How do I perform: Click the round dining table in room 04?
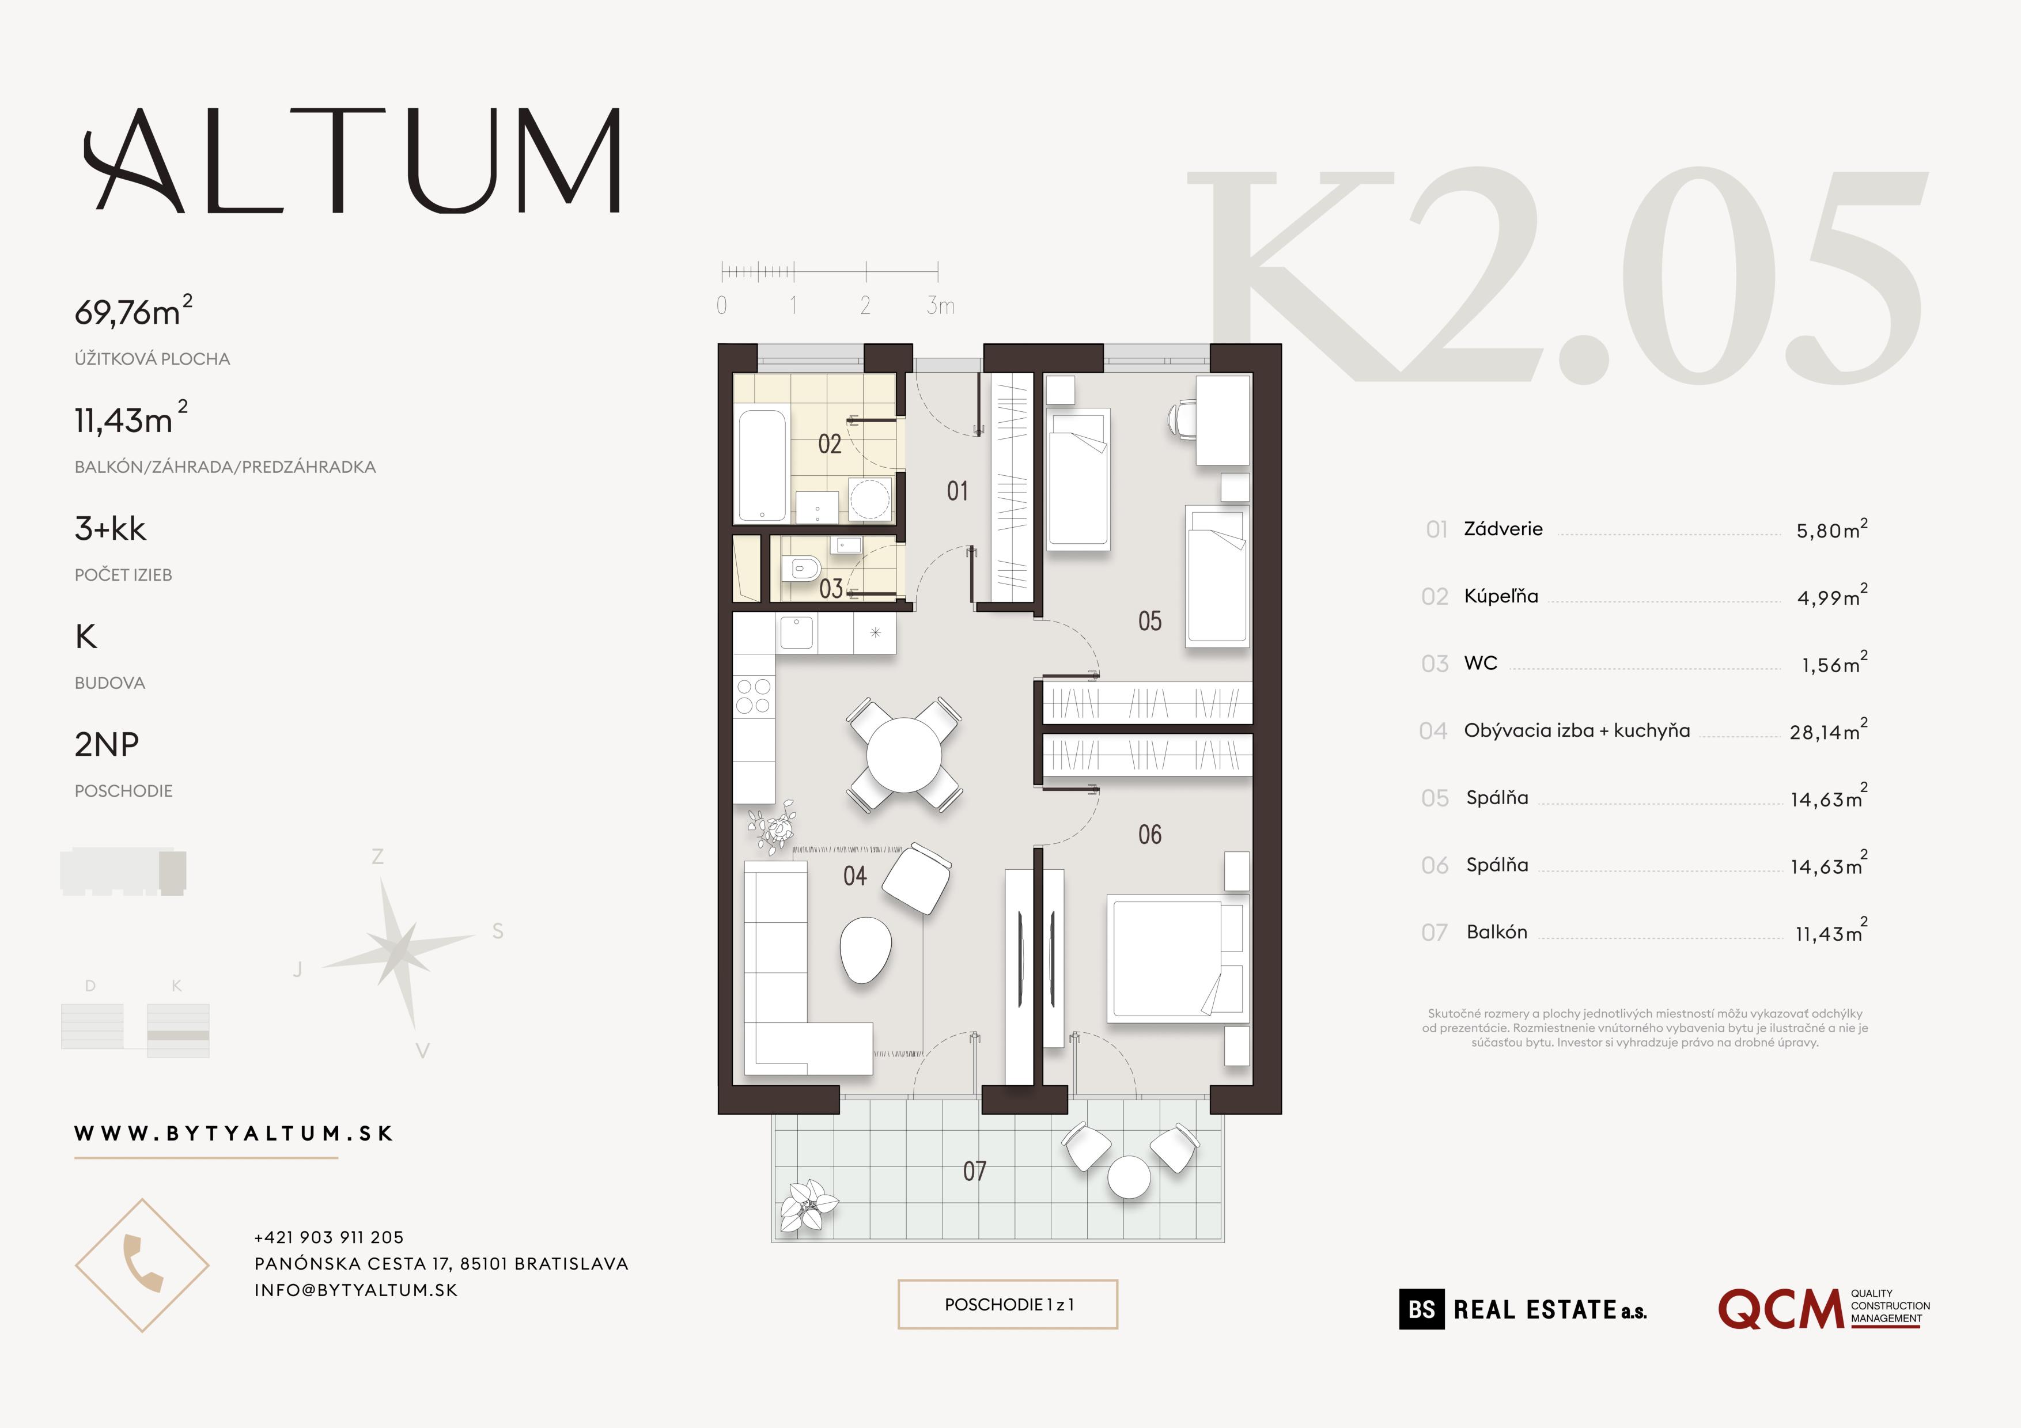point(903,755)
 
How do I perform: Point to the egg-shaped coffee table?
point(865,949)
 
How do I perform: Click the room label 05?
point(1149,621)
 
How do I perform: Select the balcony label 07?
point(974,1171)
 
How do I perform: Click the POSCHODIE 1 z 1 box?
point(1008,1304)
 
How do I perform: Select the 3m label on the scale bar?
point(940,306)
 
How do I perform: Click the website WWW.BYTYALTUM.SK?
point(233,1133)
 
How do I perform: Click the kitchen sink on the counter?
point(797,632)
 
